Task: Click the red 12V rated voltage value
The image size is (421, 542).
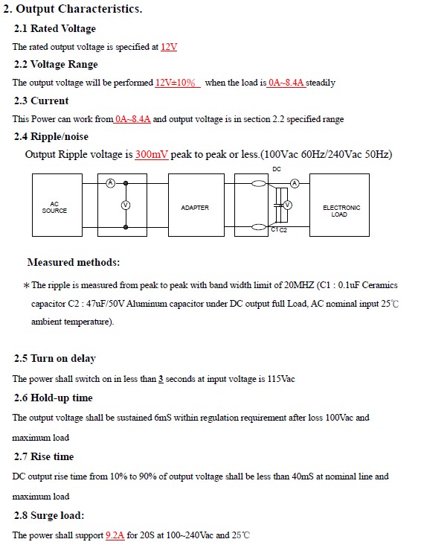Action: point(169,47)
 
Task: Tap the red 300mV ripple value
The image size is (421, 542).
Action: point(152,154)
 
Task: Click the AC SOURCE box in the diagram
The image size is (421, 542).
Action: point(57,205)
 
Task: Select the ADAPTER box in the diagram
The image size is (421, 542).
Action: point(196,205)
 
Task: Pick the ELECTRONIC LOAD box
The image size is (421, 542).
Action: point(339,205)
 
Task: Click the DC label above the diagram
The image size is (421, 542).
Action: point(277,169)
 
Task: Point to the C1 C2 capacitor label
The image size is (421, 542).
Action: point(279,230)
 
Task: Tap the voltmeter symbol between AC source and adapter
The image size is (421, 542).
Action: point(126,205)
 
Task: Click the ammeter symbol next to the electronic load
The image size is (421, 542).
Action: point(295,183)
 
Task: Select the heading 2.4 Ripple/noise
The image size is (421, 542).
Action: point(51,136)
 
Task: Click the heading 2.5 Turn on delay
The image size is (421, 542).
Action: point(54,358)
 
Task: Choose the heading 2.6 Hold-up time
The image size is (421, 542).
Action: point(54,398)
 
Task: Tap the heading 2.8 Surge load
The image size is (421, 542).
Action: point(49,515)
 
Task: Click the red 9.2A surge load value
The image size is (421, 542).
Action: point(115,535)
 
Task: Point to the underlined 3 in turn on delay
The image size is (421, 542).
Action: point(161,379)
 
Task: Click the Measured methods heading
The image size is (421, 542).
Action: point(74,262)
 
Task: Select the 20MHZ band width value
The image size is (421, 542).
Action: point(299,285)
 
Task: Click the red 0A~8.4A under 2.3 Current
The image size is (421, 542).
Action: point(132,119)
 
